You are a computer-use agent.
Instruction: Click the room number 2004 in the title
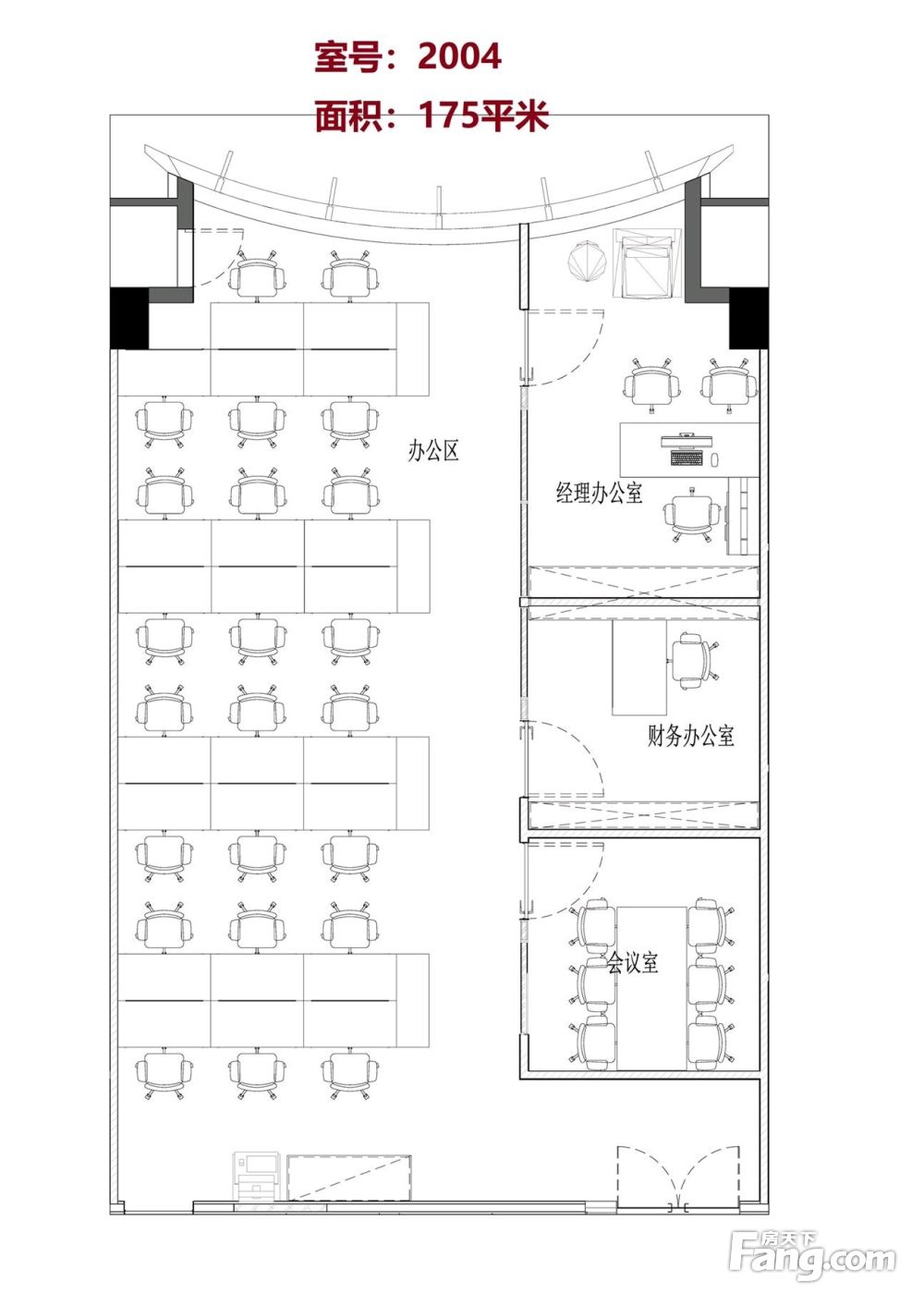459,56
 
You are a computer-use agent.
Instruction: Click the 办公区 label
433,450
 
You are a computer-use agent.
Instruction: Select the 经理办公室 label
599,493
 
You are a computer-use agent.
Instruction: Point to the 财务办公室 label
690,736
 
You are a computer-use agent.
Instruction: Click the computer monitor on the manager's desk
687,441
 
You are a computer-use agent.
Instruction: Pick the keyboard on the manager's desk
687,458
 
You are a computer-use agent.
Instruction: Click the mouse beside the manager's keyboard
714,460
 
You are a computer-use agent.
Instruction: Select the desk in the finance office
639,667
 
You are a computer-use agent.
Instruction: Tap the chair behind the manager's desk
692,514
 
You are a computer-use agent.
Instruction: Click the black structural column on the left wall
129,318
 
